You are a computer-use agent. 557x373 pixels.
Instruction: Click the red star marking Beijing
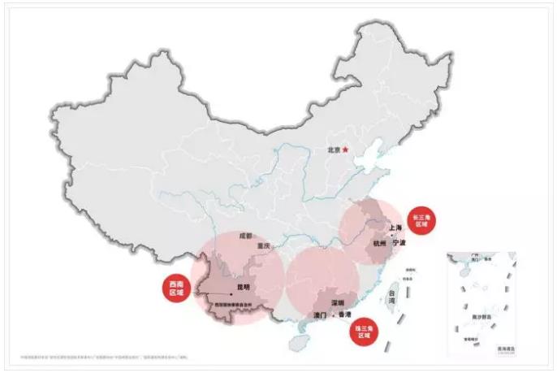pos(344,150)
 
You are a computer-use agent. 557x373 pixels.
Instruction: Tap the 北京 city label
pos(333,150)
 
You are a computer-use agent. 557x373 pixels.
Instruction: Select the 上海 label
pos(395,228)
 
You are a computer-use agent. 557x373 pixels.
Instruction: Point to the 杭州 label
pos(380,243)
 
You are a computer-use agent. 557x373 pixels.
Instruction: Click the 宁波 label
pos(398,243)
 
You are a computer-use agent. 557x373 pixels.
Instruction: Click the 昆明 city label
pos(244,287)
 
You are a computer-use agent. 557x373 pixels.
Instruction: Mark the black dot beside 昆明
pos(232,294)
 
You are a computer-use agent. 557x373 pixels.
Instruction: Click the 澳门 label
pos(319,314)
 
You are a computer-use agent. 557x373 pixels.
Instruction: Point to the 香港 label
pos(345,314)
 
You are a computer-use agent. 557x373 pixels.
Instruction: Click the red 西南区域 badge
pos(176,287)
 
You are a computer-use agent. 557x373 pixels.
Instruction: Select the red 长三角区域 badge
pos(423,219)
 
